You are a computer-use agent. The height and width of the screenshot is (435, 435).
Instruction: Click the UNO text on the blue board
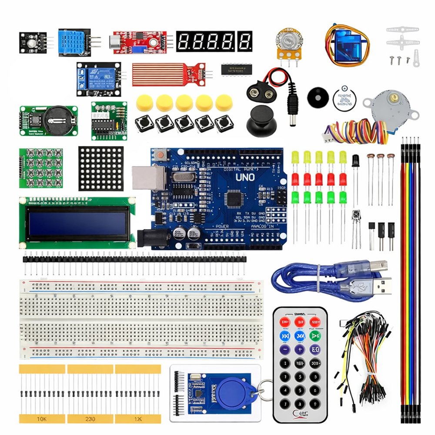(x=245, y=177)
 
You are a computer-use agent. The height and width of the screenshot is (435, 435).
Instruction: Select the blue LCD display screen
(x=76, y=222)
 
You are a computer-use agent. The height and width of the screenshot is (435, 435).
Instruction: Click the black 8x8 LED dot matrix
(x=101, y=168)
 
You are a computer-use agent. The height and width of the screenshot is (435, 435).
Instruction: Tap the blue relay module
(x=97, y=79)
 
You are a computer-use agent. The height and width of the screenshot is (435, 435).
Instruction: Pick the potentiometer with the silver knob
(x=288, y=44)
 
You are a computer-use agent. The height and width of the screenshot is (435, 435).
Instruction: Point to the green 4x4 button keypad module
(x=41, y=168)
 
